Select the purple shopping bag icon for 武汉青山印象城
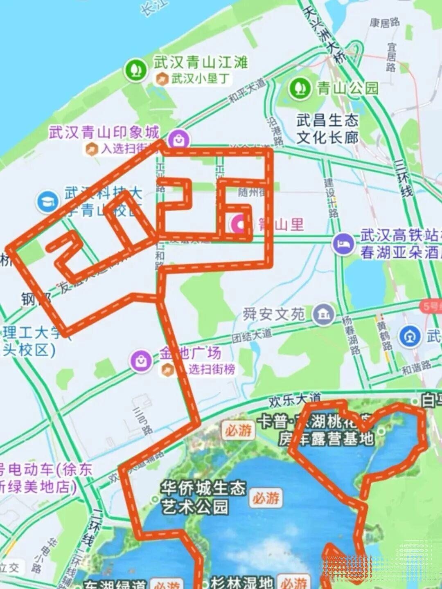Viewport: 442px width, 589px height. point(179,139)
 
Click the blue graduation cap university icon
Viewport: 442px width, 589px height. point(48,201)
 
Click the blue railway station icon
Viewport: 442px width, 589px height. point(410,336)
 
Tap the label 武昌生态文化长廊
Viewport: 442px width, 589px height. point(327,129)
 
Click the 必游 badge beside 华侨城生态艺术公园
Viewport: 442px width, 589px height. point(266,498)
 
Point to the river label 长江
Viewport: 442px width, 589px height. point(149,8)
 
